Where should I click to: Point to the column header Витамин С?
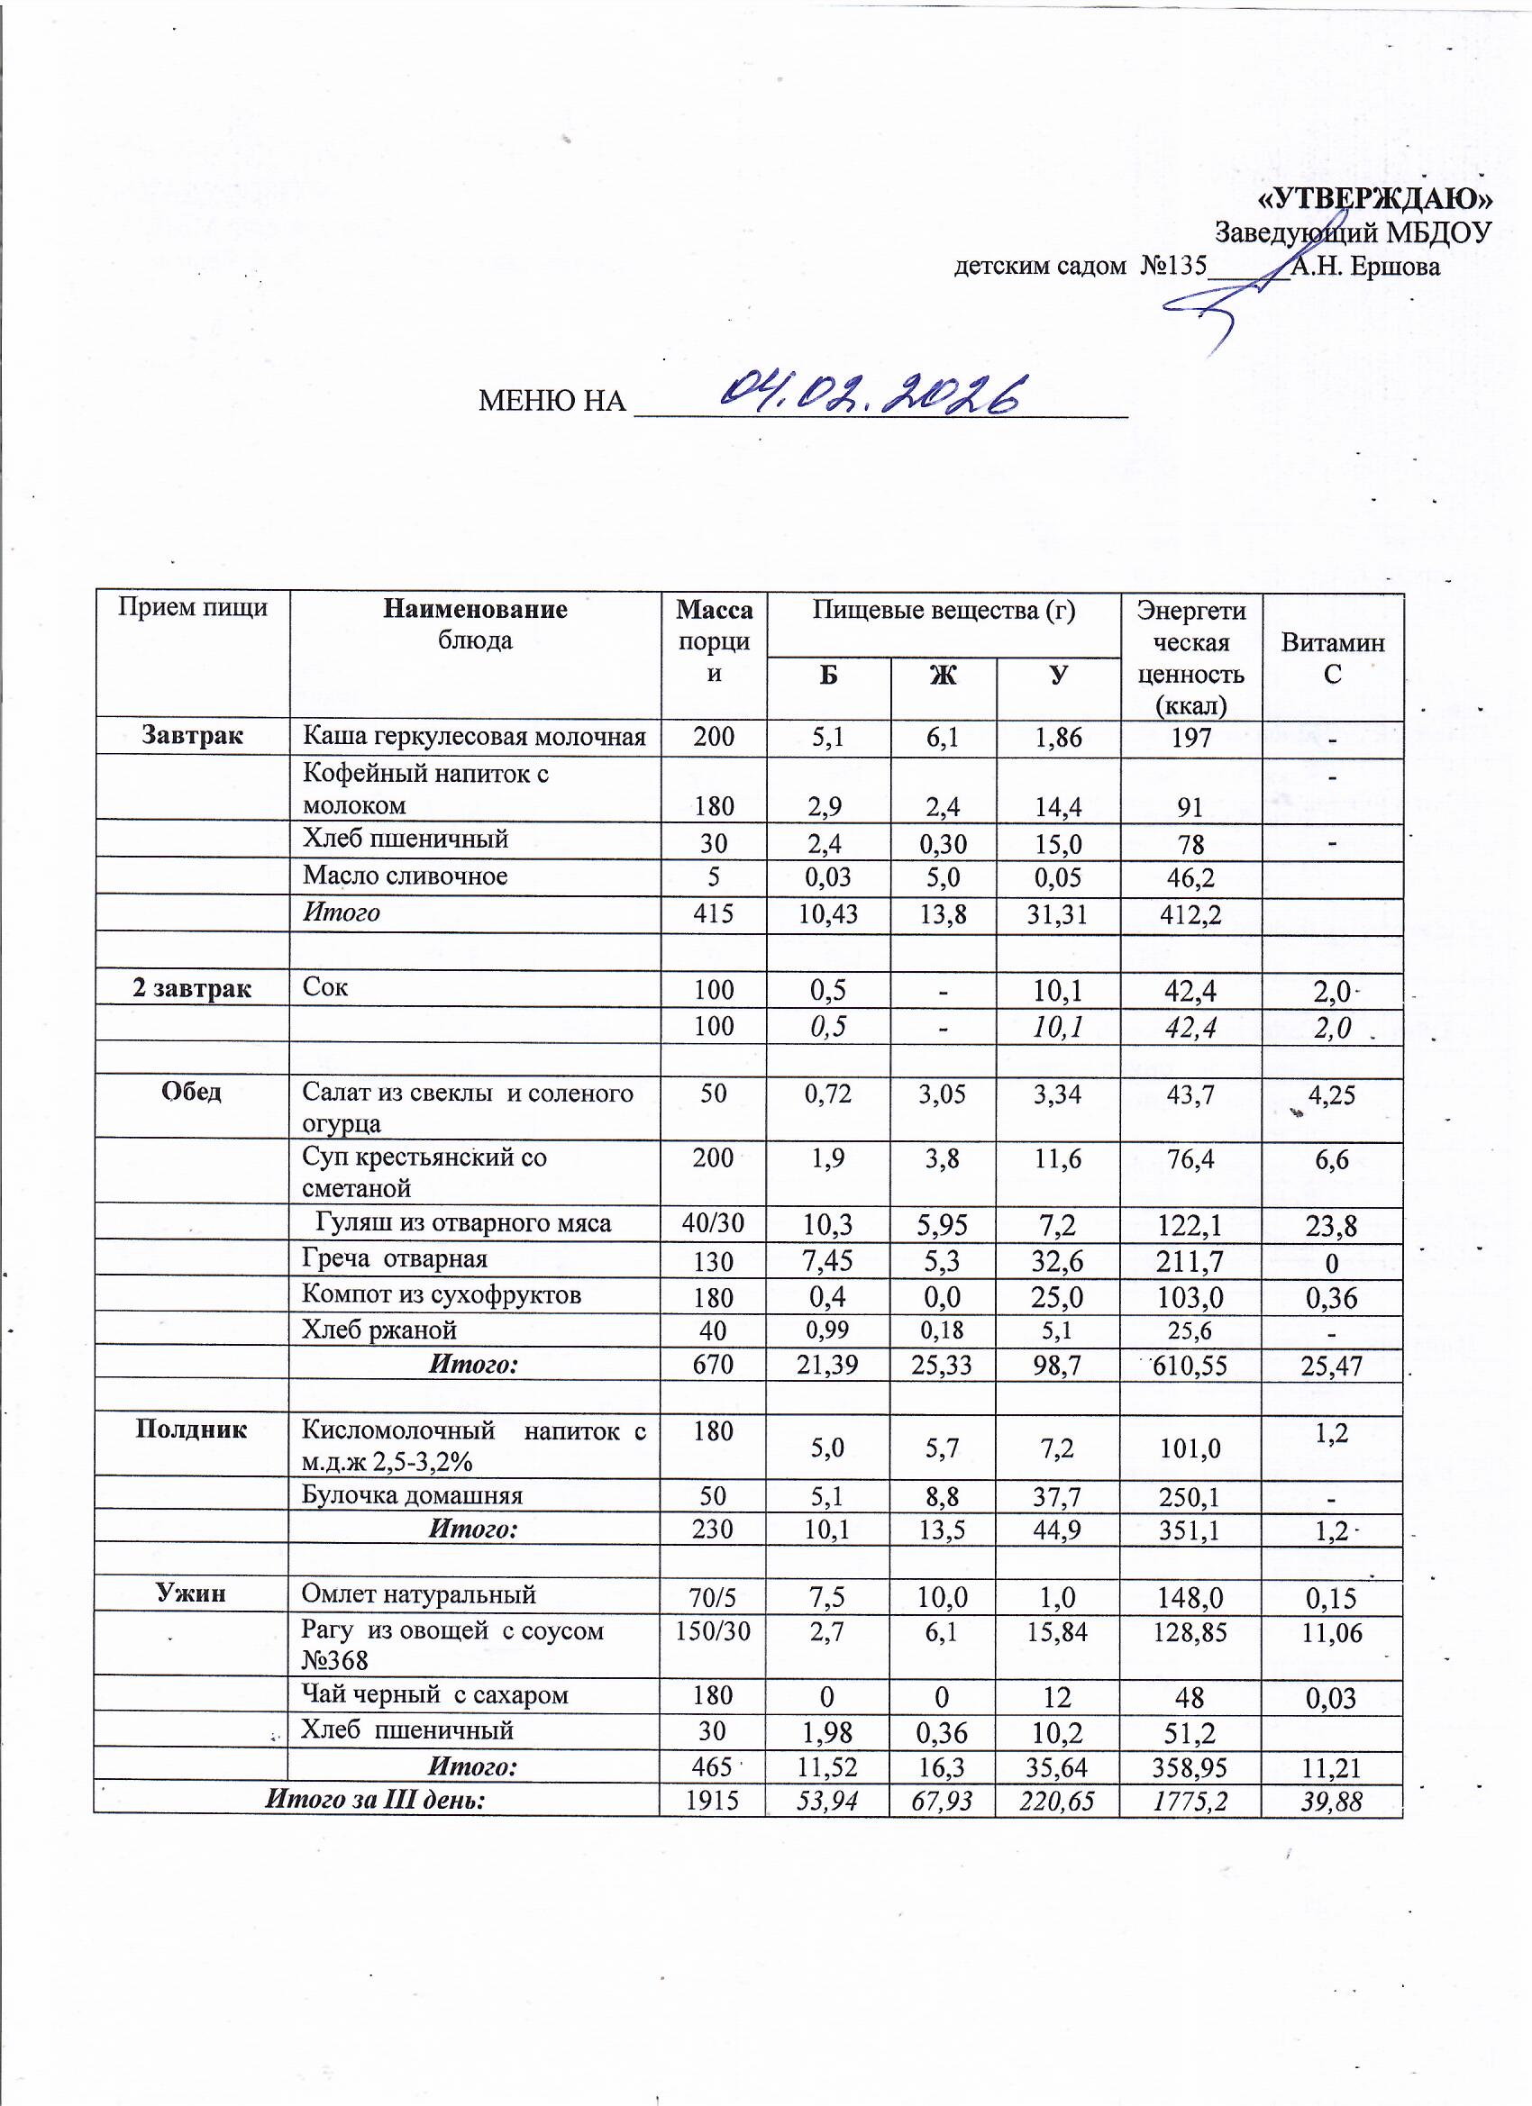coord(1332,658)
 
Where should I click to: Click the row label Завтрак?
coord(192,735)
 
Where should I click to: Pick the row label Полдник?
coord(191,1428)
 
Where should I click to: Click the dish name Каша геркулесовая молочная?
coord(474,738)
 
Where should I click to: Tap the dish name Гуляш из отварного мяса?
coord(463,1223)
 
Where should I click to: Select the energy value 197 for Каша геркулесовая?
coord(1191,739)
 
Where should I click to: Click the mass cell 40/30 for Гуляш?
coord(713,1223)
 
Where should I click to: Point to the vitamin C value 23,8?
coord(1331,1227)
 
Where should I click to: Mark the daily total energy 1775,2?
coord(1190,1802)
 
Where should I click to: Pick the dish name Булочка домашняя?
coord(413,1495)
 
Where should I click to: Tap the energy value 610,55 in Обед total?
coord(1190,1366)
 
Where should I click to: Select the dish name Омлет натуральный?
coord(419,1594)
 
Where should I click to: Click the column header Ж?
coord(943,675)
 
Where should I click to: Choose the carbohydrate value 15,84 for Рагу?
coord(1056,1633)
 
